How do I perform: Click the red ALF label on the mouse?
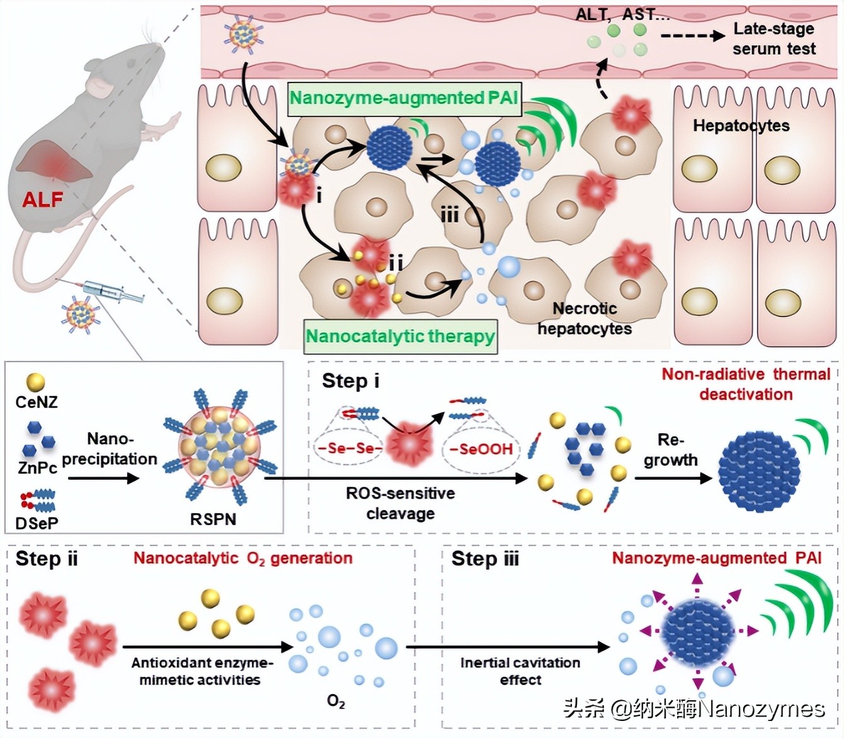42,200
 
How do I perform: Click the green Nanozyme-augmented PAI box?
404,99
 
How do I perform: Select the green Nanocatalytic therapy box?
401,336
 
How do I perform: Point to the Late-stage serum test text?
773,39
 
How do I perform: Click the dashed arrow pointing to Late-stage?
693,36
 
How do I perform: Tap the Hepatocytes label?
741,126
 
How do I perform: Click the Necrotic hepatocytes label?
585,319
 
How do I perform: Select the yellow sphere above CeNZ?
35,382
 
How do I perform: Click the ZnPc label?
37,468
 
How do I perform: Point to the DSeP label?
37,523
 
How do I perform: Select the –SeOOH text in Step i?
481,449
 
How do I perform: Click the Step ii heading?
47,559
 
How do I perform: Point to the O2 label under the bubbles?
336,701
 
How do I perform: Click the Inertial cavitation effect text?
520,671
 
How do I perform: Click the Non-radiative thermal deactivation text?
746,384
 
